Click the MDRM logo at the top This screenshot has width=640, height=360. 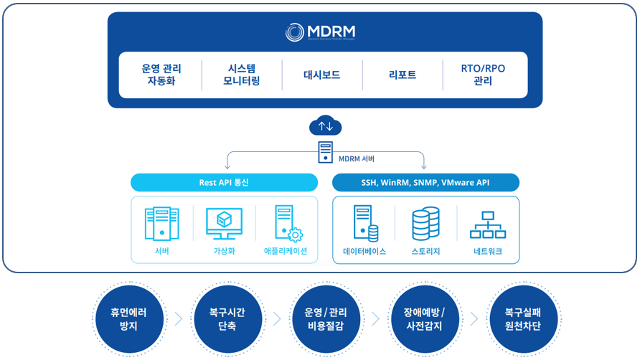(x=320, y=32)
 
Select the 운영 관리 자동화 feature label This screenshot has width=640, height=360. (x=161, y=75)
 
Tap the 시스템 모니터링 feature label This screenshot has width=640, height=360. (x=242, y=75)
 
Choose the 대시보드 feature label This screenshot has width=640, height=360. (x=322, y=75)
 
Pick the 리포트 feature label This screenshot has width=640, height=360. (x=403, y=75)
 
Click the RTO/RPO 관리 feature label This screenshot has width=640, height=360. (x=483, y=75)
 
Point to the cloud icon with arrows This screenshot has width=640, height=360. (x=326, y=126)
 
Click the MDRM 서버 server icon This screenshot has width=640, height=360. (x=326, y=152)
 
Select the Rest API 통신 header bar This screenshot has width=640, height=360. (x=224, y=182)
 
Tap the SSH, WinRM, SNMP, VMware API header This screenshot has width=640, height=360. (x=425, y=182)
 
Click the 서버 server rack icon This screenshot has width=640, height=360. (x=161, y=223)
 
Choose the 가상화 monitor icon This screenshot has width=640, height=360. (x=224, y=223)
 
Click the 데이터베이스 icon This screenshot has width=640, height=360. (x=364, y=223)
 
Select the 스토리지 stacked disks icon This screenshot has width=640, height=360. (x=425, y=223)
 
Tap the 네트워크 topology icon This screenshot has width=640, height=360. (x=488, y=224)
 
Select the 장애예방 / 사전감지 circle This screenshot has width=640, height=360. (x=419, y=319)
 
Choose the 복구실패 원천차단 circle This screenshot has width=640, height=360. (x=517, y=319)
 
